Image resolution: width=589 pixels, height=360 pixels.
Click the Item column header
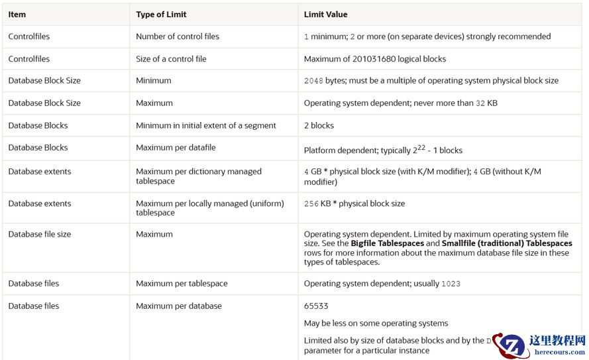[x=17, y=14]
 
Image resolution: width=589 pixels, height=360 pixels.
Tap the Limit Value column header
[x=325, y=14]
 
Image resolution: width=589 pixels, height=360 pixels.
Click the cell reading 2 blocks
[x=319, y=125]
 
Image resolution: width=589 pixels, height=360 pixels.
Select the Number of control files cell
[x=178, y=36]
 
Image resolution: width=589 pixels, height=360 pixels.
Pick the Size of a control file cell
[x=171, y=59]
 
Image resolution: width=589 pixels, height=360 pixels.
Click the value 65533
[x=316, y=306]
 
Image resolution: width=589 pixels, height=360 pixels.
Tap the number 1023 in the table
[x=451, y=284]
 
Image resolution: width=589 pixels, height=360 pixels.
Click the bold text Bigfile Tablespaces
[x=387, y=243]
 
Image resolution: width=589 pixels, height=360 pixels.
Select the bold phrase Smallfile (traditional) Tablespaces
[x=508, y=243]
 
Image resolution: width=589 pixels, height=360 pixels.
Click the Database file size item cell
[x=40, y=234]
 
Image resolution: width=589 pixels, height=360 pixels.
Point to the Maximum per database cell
[x=179, y=306]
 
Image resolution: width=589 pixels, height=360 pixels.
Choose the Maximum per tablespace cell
[x=182, y=284]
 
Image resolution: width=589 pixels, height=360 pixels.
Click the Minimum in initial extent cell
[x=206, y=125]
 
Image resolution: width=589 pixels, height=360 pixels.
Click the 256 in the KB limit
[x=311, y=204]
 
